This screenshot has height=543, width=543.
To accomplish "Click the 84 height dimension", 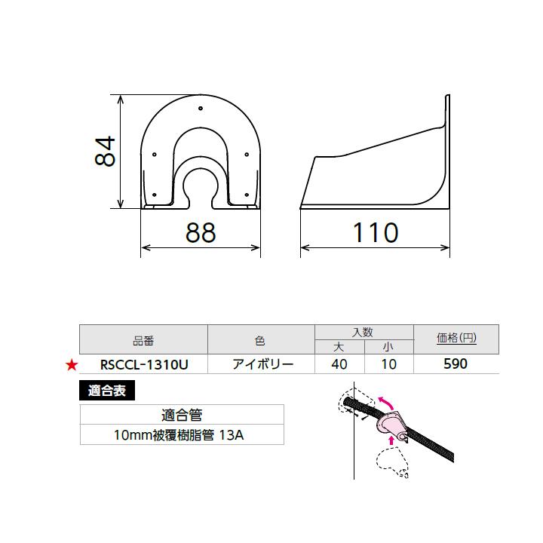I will click(104, 152).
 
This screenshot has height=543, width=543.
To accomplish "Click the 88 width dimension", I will click(201, 233).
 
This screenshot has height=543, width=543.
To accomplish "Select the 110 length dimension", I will click(375, 233).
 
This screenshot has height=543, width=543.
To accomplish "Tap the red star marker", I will click(71, 365).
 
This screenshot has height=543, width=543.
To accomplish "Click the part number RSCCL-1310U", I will click(143, 364).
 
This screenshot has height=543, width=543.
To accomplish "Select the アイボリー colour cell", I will click(261, 364).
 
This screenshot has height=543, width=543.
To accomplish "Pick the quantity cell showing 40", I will click(339, 364).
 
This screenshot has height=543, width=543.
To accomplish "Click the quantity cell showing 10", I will click(388, 364).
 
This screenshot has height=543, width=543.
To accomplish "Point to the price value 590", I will click(456, 364).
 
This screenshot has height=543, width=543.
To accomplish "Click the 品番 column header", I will click(143, 340).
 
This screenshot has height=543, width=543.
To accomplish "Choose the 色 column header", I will click(261, 340).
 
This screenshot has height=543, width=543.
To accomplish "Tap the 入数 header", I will click(364, 331).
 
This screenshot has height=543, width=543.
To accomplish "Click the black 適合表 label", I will click(106, 391).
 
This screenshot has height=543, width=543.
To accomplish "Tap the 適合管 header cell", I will click(182, 414).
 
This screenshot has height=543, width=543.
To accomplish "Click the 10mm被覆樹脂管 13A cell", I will click(182, 435).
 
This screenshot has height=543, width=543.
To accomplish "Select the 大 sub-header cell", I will click(339, 347).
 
